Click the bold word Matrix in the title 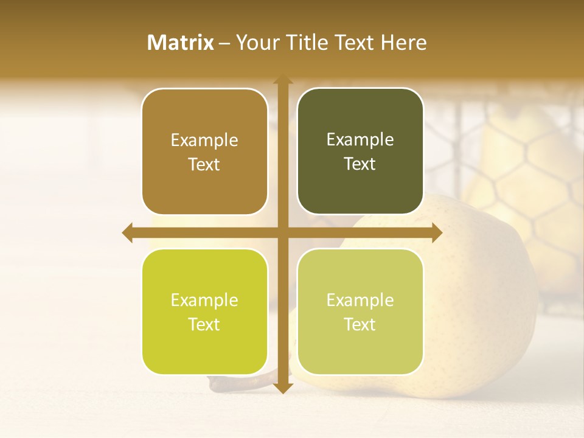[x=181, y=43]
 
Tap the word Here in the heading [x=404, y=43]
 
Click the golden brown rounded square [x=204, y=152]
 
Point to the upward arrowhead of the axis [x=282, y=78]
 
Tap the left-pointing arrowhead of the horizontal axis [x=127, y=233]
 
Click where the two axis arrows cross [x=282, y=233]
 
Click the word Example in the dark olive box [x=360, y=140]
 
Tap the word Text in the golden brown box [x=204, y=165]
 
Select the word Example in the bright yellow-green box [x=204, y=300]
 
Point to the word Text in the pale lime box [x=360, y=324]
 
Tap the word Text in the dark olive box [x=360, y=164]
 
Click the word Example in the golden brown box [x=204, y=141]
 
